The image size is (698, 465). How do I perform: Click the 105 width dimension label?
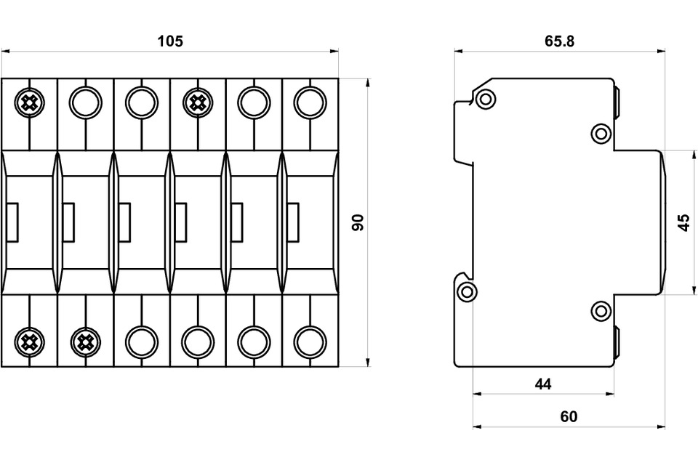coord(170,41)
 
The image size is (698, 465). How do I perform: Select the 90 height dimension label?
coord(358,222)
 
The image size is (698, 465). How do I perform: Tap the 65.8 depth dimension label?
coord(559,41)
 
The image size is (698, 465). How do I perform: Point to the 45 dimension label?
coord(683,222)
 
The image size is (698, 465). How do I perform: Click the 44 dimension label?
coord(542,384)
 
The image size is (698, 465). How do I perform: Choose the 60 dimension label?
coord(569,416)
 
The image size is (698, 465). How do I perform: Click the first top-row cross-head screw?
coord(29,102)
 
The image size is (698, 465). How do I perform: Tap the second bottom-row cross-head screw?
coord(86,341)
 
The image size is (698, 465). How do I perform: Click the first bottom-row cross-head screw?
coord(29,341)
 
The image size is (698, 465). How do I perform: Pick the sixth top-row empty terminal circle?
coord(310,102)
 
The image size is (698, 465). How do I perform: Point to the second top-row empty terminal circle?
coord(86,102)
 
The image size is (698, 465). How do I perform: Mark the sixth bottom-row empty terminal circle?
coord(310,341)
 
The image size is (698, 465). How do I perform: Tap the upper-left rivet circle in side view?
coord(485,98)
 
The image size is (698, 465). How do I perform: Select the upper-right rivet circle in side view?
coord(601,134)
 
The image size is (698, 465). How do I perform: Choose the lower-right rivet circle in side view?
coord(601,310)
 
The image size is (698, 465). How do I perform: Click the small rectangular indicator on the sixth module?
coord(293,222)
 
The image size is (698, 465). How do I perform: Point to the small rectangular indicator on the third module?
coord(125,222)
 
